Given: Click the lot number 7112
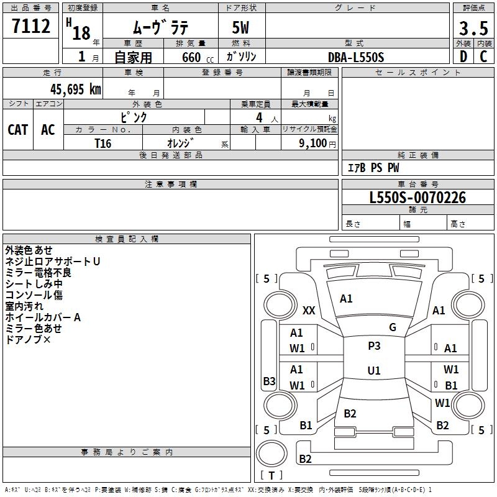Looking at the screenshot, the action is (31, 26).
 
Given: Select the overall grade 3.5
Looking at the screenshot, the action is (473, 29).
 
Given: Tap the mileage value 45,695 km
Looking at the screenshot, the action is (75, 89).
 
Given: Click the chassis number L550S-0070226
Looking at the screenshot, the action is (417, 198).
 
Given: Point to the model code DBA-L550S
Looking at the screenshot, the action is (356, 57).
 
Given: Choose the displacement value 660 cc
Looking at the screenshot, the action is (198, 58).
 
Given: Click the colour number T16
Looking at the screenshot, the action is (103, 144).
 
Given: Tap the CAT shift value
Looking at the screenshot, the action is (18, 130).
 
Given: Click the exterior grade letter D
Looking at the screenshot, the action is (463, 57).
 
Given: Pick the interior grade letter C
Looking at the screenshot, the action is (483, 57).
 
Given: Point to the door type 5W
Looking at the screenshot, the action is (240, 27).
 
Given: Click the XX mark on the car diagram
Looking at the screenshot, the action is (309, 310).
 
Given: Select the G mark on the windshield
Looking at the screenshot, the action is (393, 327).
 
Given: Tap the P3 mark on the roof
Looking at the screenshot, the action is (374, 346).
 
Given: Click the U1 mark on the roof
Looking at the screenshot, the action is (374, 370).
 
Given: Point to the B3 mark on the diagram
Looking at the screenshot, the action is (269, 381).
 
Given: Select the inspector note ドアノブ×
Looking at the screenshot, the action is (28, 340).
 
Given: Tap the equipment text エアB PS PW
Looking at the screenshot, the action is (373, 168).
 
